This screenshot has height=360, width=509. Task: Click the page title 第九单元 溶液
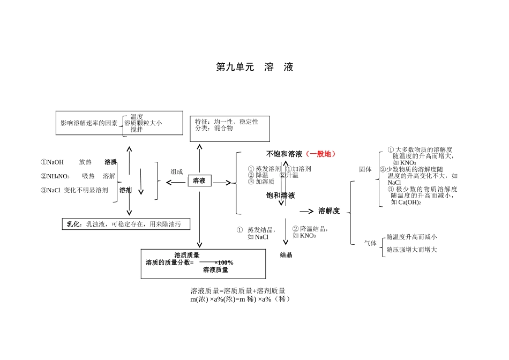(x=254, y=67)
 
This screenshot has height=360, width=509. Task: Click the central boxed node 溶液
(x=199, y=181)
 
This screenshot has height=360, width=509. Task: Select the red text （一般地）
(x=320, y=154)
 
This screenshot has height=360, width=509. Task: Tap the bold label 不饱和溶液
(x=285, y=154)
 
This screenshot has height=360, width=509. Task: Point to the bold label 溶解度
(x=329, y=211)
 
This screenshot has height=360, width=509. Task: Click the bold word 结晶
(x=286, y=255)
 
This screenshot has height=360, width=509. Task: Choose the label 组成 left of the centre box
(x=177, y=172)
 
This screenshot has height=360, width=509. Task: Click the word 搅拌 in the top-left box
(x=137, y=129)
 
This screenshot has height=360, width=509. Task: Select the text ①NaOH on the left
(x=52, y=162)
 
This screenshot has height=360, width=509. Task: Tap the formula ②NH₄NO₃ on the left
(x=55, y=176)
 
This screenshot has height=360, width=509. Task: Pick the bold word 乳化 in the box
(x=74, y=224)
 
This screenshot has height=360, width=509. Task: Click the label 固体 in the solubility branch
(x=365, y=169)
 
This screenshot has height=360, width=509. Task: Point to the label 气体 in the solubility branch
(x=370, y=243)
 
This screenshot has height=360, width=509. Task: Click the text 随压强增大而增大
(x=411, y=250)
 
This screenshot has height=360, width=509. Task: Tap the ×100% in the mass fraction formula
(x=223, y=262)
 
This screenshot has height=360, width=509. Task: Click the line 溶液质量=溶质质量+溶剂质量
(x=238, y=291)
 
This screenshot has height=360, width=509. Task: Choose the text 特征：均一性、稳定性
(x=227, y=122)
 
